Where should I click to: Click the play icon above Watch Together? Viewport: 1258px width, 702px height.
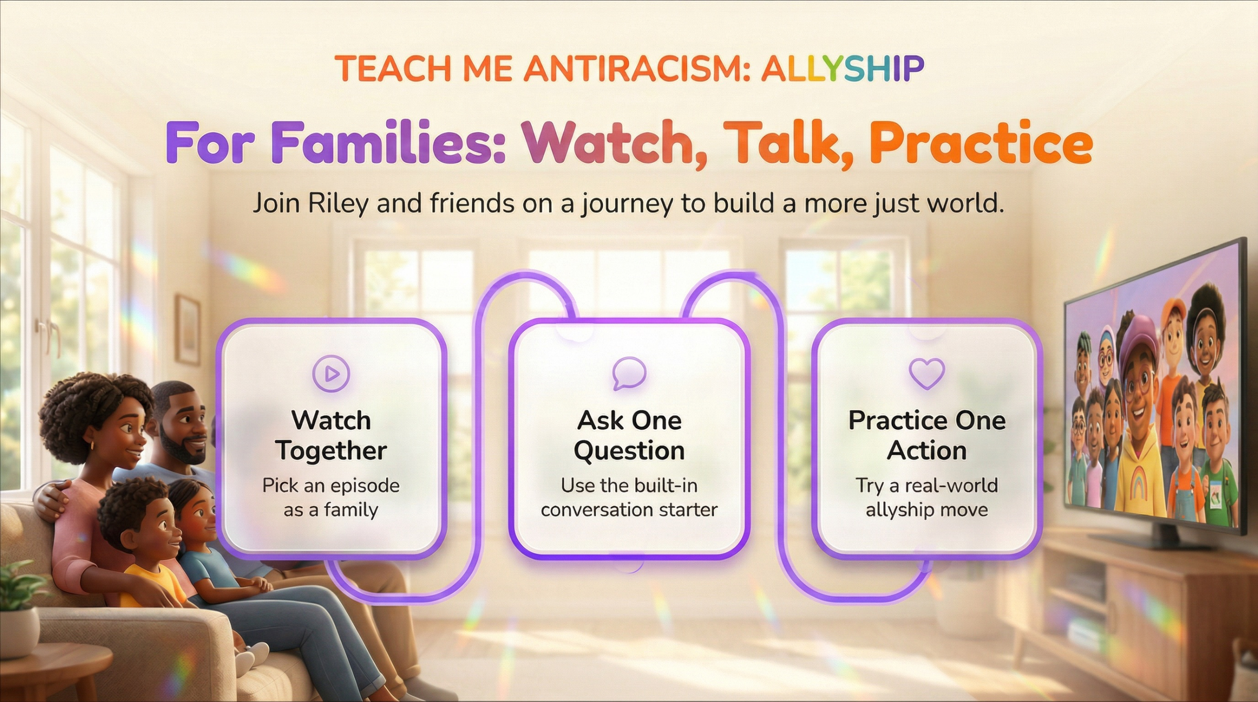(331, 374)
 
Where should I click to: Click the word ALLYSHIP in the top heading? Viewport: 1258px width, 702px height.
(843, 68)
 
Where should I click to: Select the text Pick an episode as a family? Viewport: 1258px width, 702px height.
(331, 497)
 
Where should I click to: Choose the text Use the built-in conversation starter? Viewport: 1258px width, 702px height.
(629, 497)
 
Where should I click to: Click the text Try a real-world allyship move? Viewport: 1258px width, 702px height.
(927, 497)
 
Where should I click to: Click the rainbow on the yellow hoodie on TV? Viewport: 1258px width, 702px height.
(1138, 484)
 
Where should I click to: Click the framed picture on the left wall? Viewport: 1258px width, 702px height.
(187, 322)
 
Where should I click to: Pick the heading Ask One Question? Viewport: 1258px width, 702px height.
(629, 436)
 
